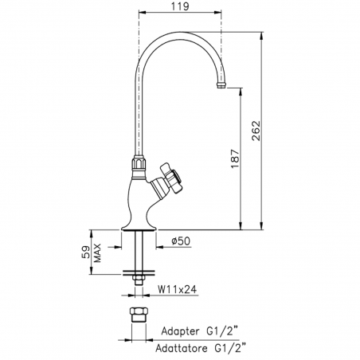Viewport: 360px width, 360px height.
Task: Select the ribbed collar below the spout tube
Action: click(x=139, y=166)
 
